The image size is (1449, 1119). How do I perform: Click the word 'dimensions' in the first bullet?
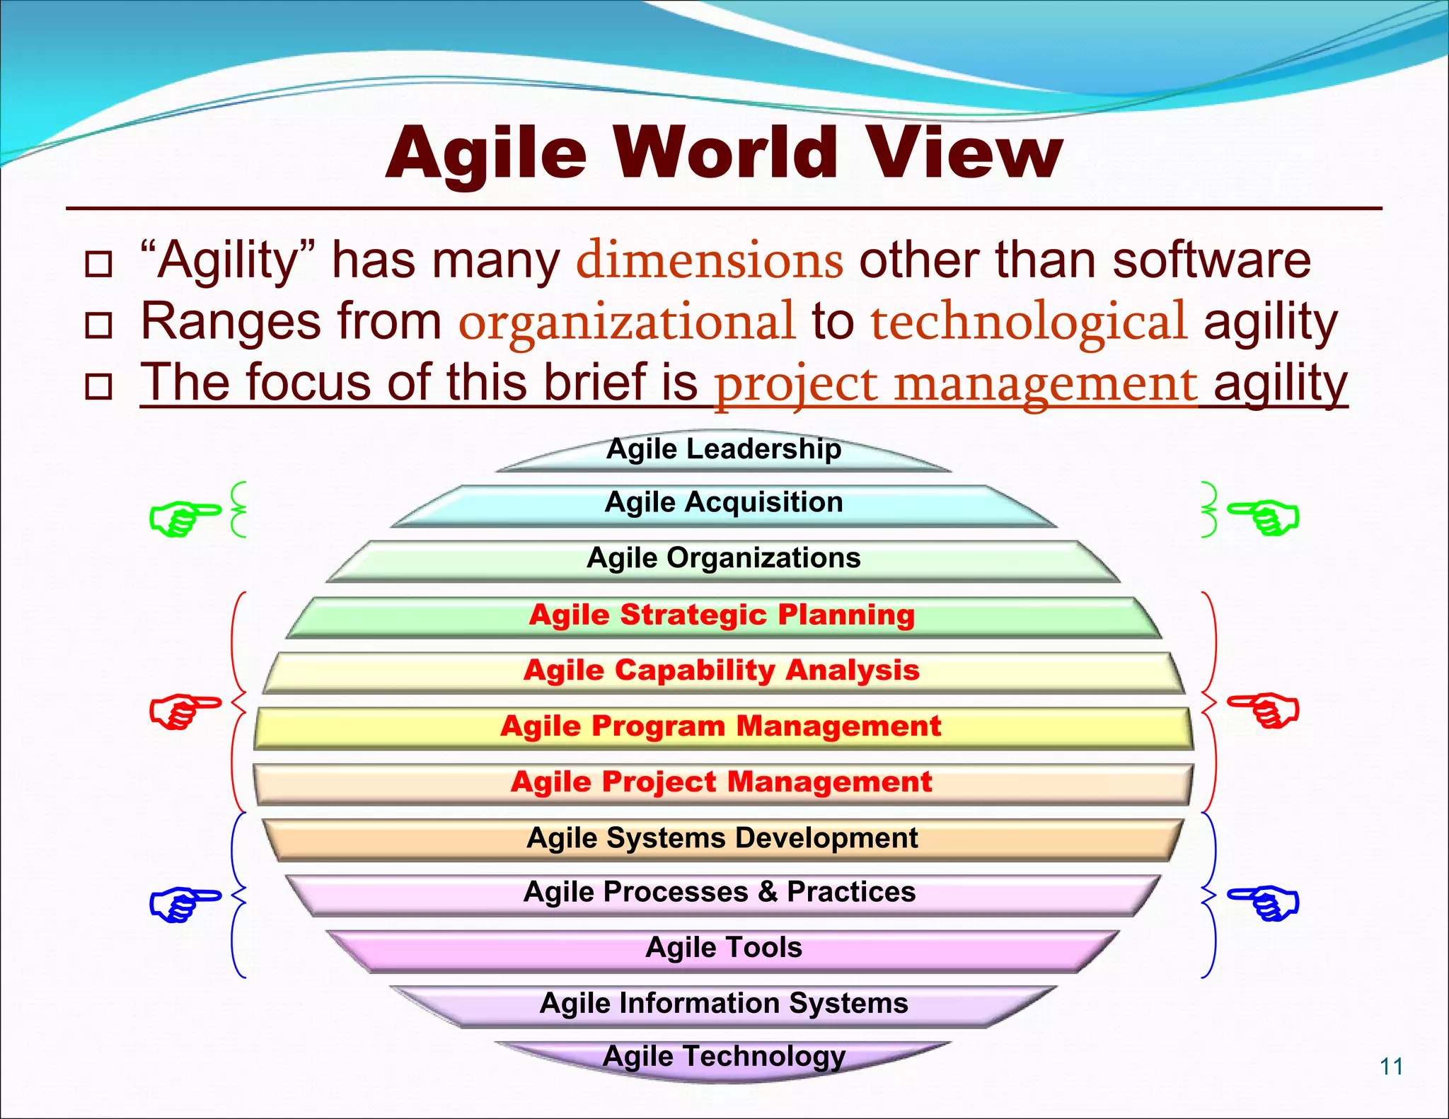pyautogui.click(x=709, y=260)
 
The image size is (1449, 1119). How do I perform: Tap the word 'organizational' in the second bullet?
pyautogui.click(x=627, y=322)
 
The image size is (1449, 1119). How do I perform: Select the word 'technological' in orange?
pyautogui.click(x=1028, y=322)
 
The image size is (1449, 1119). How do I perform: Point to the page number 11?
pyautogui.click(x=1391, y=1066)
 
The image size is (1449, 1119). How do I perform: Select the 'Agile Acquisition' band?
pyautogui.click(x=724, y=504)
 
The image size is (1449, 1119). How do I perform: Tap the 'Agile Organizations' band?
pyautogui.click(x=724, y=559)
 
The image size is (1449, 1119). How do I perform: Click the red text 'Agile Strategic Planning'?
pyautogui.click(x=722, y=615)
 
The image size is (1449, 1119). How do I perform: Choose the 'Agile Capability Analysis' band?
pyautogui.click(x=722, y=671)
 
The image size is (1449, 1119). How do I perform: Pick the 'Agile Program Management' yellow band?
pyautogui.click(x=722, y=726)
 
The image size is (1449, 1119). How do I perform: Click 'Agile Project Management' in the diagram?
pyautogui.click(x=722, y=782)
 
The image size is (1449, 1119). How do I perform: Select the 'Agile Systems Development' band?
pyautogui.click(x=722, y=838)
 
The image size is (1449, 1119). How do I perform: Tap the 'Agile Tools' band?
pyautogui.click(x=724, y=948)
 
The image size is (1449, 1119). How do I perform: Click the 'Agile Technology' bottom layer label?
pyautogui.click(x=724, y=1057)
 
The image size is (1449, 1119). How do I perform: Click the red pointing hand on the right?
pyautogui.click(x=1264, y=709)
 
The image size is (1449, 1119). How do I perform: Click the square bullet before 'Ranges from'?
pyautogui.click(x=98, y=325)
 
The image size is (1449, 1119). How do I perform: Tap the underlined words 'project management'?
pyautogui.click(x=956, y=384)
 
